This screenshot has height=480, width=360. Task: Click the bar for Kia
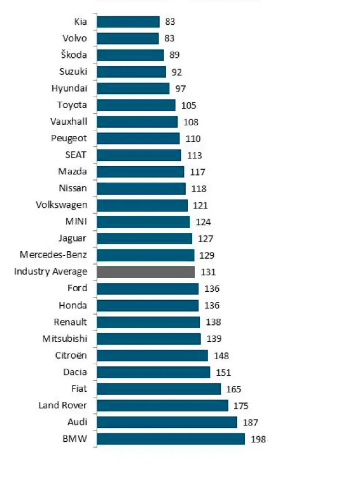(128, 22)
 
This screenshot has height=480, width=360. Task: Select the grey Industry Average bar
(146, 272)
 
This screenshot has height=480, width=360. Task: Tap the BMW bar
(171, 439)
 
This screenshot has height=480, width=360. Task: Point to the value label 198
(259, 440)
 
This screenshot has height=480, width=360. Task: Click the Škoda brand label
(74, 55)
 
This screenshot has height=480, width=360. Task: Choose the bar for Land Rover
(163, 405)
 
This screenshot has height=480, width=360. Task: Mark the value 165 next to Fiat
(235, 389)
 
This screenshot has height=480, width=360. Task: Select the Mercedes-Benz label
(53, 255)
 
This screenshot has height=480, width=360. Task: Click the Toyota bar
(136, 105)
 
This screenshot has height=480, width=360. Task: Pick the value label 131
(208, 272)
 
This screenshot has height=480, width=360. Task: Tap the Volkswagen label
(61, 205)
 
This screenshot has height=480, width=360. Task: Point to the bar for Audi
(167, 422)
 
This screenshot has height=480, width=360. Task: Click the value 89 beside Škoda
(177, 55)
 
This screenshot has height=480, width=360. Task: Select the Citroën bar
(152, 355)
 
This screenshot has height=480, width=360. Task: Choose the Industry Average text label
(51, 272)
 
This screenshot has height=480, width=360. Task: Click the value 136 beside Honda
(212, 306)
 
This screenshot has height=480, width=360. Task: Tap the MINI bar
(143, 222)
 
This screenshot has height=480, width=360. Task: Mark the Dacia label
(75, 372)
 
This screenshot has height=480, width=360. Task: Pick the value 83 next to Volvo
(170, 38)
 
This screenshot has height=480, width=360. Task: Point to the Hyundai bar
(133, 88)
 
